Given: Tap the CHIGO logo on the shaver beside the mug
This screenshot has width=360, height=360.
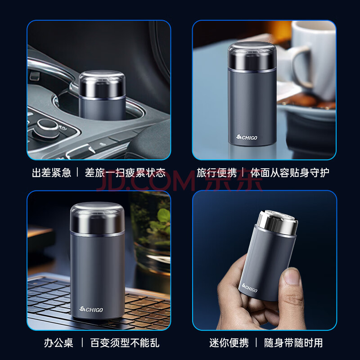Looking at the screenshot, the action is (247, 137).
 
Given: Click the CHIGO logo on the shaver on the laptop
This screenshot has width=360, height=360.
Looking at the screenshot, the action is (91, 310).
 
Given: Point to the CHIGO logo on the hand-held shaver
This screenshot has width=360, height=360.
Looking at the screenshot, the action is (250, 288).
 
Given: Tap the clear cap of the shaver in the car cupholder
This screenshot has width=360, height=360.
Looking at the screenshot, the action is (102, 84).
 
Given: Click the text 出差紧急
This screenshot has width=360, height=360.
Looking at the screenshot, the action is (52, 173).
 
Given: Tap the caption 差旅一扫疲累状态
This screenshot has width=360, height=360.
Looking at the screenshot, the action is (125, 173).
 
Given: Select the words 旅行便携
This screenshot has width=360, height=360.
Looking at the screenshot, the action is (216, 173).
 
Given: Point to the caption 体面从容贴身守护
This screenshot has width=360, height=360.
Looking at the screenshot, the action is (290, 173).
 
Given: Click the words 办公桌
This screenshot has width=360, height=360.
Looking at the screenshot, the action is (58, 343).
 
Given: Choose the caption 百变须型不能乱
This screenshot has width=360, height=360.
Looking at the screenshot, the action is (125, 343).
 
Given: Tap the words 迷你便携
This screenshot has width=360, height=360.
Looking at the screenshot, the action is (229, 343).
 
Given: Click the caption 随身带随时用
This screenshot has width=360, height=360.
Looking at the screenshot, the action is (293, 343).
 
